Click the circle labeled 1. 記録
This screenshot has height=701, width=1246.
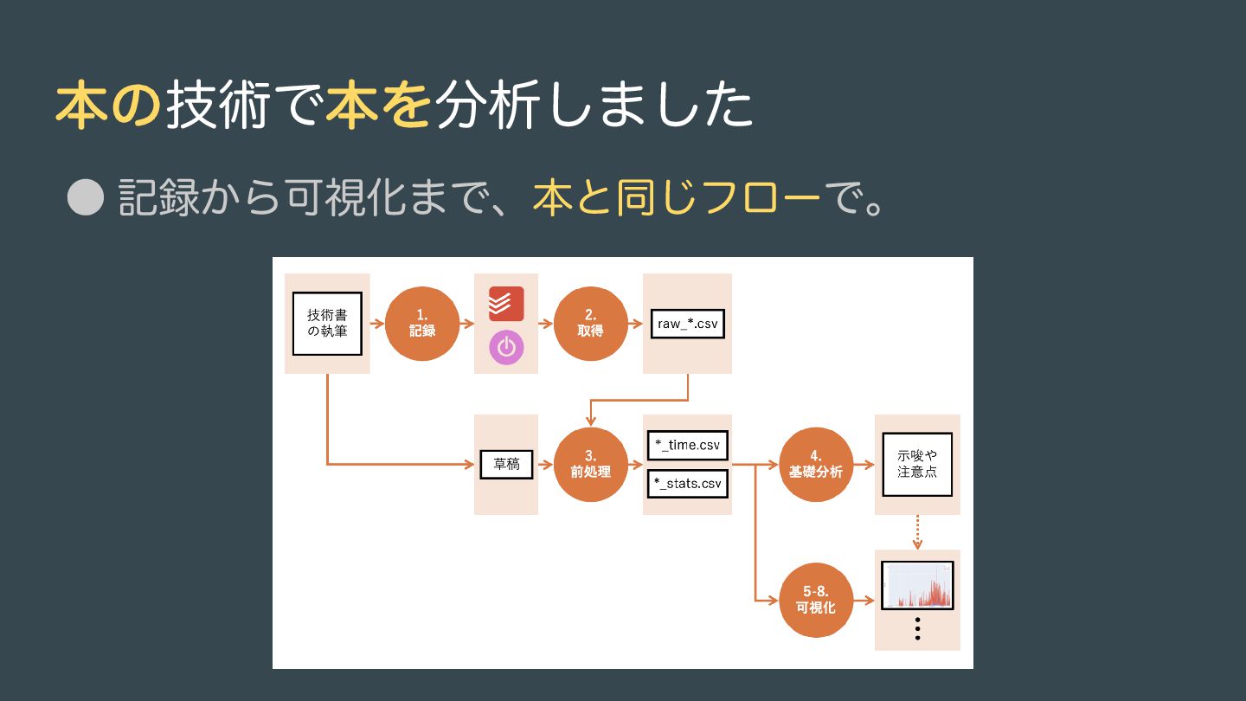click(422, 324)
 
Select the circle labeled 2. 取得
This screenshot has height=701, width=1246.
click(590, 324)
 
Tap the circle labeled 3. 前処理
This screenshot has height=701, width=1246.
click(590, 465)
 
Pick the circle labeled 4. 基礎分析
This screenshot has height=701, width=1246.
click(817, 465)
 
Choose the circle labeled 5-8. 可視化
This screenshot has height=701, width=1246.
click(817, 600)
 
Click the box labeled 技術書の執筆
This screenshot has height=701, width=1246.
click(327, 324)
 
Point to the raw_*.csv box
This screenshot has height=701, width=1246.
click(687, 325)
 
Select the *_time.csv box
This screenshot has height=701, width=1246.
click(687, 445)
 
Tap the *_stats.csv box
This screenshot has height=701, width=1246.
click(687, 483)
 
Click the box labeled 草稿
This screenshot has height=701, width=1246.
click(506, 465)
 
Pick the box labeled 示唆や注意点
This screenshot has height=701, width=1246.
click(917, 465)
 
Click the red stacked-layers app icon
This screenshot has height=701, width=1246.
click(506, 304)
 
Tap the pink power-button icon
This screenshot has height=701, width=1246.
click(506, 347)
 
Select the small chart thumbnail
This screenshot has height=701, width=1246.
click(917, 585)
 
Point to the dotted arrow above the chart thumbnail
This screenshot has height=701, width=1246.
click(917, 532)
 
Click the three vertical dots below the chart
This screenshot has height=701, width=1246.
click(917, 629)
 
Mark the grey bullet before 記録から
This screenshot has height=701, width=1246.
click(85, 198)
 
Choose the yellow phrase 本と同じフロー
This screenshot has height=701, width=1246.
click(676, 198)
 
